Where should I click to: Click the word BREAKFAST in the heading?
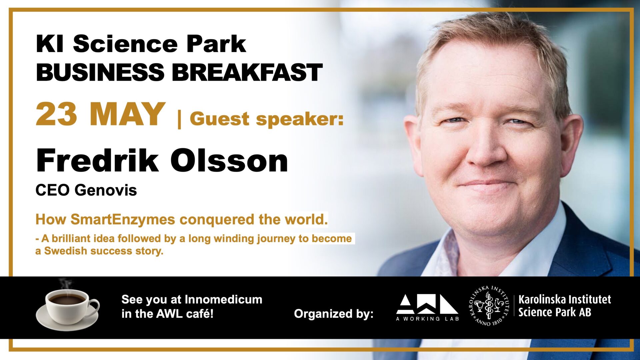tap(247, 72)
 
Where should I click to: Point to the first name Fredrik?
tap(97, 161)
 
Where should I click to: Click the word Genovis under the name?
tap(106, 190)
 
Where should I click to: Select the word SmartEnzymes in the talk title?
tap(123, 220)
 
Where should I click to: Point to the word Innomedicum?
tap(223, 299)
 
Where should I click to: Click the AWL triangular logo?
tap(427, 304)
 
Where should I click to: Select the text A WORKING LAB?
tap(427, 319)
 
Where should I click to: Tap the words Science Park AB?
tap(555, 312)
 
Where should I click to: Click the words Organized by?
tap(334, 314)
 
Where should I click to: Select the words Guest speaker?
tap(267, 119)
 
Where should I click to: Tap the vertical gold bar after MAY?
tap(180, 119)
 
